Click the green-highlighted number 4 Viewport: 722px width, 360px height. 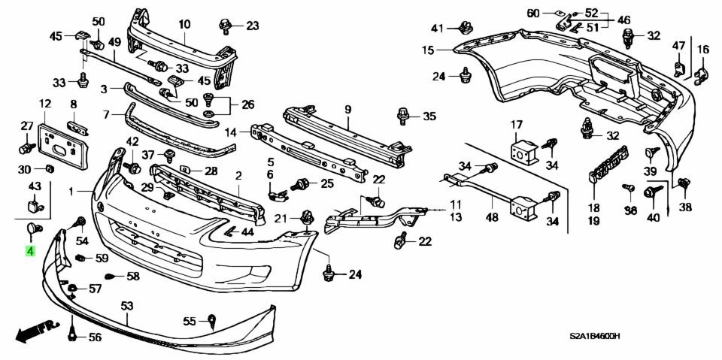pyautogui.click(x=30, y=251)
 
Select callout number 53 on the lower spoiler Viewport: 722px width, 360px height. pyautogui.click(x=126, y=305)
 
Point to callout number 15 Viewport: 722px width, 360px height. pyautogui.click(x=428, y=50)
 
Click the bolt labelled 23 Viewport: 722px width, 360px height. pyautogui.click(x=226, y=26)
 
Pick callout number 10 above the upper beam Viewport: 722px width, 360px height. pyautogui.click(x=184, y=24)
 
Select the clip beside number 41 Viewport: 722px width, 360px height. pyautogui.click(x=463, y=29)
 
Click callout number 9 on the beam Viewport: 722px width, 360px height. pyautogui.click(x=348, y=109)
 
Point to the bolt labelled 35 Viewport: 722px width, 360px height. pyautogui.click(x=402, y=116)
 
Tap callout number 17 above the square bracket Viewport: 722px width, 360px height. pyautogui.click(x=517, y=124)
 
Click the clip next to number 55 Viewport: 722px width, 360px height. pyautogui.click(x=213, y=321)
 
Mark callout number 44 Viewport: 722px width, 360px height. pyautogui.click(x=247, y=232)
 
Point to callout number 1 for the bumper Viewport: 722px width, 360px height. pyautogui.click(x=72, y=192)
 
